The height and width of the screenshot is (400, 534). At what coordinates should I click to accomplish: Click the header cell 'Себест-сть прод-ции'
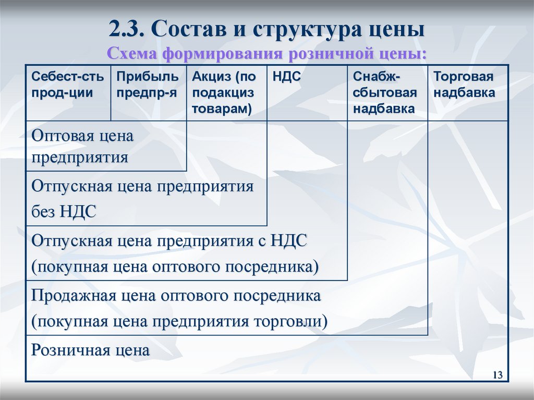point(68,86)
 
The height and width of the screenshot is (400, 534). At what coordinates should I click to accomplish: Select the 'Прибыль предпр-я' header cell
point(148,86)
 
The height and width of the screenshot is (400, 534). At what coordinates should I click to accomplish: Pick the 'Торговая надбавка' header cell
point(464,86)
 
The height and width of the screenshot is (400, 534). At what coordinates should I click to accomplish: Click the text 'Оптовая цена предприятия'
point(82,147)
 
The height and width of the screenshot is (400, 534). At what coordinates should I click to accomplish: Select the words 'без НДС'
point(64,211)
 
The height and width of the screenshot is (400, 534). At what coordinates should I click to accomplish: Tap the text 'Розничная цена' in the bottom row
point(91,350)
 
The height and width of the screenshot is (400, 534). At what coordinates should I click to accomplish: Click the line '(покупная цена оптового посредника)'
point(175,266)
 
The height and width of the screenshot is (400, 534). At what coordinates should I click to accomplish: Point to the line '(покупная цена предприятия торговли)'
point(179,321)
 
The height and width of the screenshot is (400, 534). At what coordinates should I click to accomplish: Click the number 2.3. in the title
point(128,29)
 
